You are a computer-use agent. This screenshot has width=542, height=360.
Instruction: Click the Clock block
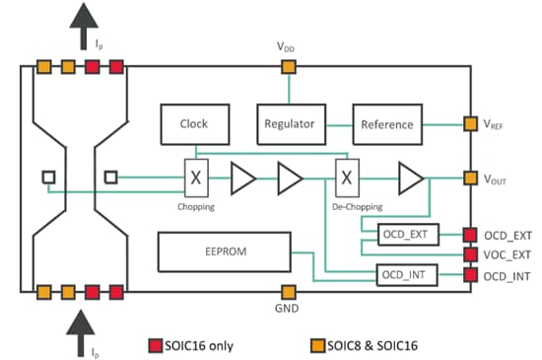coord(194,125)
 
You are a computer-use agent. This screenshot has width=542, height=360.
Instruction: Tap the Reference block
coord(387,125)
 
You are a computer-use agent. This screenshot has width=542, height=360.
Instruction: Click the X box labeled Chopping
coord(195,179)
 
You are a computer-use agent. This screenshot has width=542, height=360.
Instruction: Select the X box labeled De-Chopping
coord(347,179)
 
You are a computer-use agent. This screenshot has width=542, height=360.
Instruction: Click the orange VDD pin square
coord(289,67)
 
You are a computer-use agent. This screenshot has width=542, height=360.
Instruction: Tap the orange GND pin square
coord(289,292)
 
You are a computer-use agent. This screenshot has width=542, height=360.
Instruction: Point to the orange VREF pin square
coord(470,124)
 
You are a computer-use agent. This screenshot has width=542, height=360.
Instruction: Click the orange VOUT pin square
coord(470,179)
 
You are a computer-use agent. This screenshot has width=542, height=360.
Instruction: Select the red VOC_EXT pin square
coord(470,254)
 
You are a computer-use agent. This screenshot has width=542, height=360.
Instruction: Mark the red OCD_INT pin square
coord(470,274)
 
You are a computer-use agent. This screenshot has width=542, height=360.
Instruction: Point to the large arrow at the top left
coord(80,24)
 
